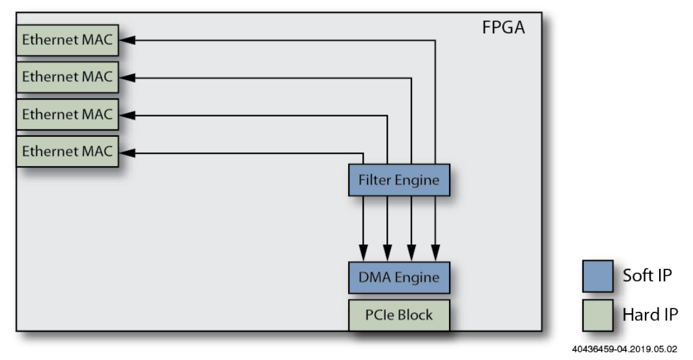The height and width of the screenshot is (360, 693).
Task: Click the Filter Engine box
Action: (399, 180)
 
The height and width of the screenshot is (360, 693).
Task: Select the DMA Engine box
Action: (399, 277)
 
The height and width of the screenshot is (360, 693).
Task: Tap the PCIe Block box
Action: (399, 315)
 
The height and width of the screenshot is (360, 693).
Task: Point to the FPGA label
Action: (503, 28)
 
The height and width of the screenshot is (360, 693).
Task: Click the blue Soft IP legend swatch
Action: (597, 276)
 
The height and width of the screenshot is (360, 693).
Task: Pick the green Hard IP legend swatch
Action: (597, 315)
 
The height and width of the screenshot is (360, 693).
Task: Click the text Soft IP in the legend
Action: (647, 275)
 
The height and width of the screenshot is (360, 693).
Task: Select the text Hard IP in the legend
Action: (650, 315)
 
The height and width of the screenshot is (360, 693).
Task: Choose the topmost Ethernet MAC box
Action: (67, 40)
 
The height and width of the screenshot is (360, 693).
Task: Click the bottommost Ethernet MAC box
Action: (67, 152)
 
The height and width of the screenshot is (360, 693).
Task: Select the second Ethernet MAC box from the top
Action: (67, 77)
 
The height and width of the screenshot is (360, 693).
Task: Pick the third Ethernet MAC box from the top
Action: (67, 115)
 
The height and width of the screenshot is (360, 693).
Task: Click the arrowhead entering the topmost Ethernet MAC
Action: (128, 40)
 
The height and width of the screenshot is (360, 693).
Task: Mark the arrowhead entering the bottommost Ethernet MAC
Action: (128, 153)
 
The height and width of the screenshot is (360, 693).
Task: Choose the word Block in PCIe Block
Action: (414, 315)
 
